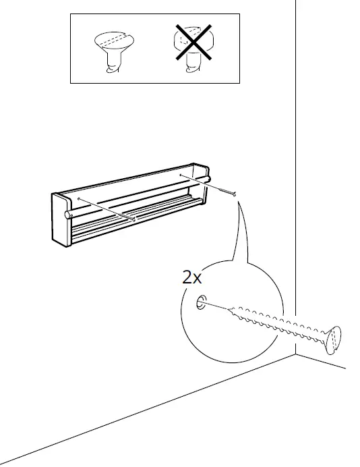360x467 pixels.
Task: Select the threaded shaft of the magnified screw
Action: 276,322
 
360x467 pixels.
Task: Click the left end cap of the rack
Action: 60,216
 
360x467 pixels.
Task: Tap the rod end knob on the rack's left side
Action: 67,214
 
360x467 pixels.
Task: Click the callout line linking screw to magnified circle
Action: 237,233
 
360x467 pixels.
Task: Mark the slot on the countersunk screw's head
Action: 111,38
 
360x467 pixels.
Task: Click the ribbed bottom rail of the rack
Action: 135,223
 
